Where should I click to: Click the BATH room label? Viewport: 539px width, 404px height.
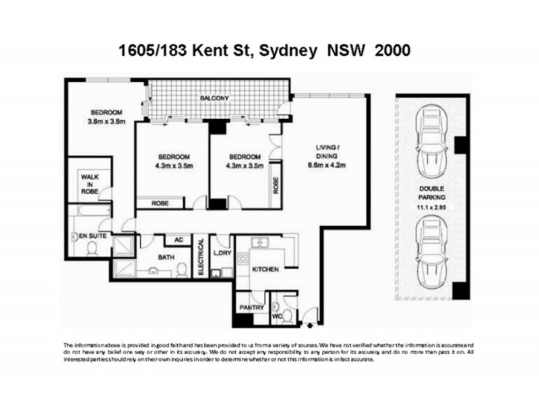click(x=166, y=257)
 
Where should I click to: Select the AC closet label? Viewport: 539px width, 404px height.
click(x=179, y=239)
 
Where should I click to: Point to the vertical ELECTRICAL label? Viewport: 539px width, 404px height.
click(x=201, y=257)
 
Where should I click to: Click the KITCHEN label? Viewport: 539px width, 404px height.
click(x=265, y=269)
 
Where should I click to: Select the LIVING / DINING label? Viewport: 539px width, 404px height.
click(x=331, y=152)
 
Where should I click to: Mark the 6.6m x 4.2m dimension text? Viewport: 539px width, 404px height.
click(x=331, y=166)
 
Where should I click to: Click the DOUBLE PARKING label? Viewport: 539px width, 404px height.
click(x=430, y=193)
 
